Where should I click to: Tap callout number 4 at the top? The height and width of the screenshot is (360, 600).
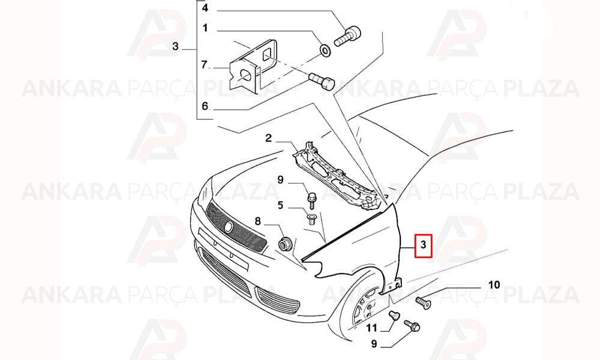click(x=205, y=8)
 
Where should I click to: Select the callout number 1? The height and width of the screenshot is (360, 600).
click(x=205, y=28)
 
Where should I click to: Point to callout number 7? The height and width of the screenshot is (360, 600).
click(x=204, y=65)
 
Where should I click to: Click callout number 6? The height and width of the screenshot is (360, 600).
click(x=205, y=106)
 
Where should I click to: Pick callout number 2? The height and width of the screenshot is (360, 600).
click(x=268, y=137)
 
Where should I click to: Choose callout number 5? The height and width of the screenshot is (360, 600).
click(x=280, y=205)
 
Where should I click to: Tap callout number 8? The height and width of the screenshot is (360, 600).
click(x=257, y=221)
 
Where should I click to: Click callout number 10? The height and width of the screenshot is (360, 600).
click(x=494, y=284)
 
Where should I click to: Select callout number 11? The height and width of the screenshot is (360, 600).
click(x=371, y=328)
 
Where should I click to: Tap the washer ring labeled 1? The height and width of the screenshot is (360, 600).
click(x=325, y=50)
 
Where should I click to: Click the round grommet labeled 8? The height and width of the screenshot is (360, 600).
click(x=284, y=244)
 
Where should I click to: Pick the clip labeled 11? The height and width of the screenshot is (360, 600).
click(x=394, y=316)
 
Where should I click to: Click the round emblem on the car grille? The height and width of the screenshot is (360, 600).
click(x=229, y=227)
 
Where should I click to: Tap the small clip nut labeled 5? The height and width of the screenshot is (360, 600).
click(x=311, y=220)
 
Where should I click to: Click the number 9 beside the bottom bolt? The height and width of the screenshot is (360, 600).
click(x=374, y=344)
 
